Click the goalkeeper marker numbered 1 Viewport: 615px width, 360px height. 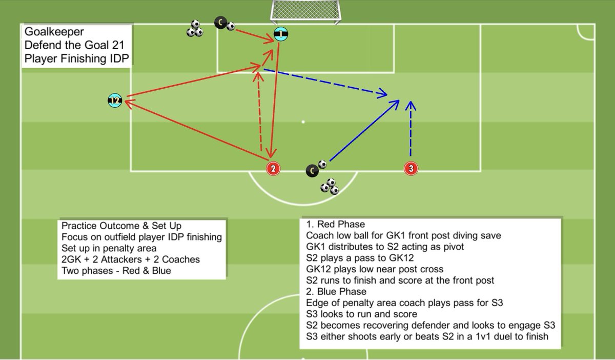pos(280,34)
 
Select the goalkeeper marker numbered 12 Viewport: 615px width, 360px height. pos(115,101)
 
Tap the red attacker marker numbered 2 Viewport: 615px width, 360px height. pos(273,168)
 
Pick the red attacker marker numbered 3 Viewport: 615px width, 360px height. pos(411,168)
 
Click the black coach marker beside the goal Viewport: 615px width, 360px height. pos(220,23)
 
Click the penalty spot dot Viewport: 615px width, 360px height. pos(303,122)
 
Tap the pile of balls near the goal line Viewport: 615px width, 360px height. pos(195,29)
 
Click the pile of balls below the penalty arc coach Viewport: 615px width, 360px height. pos(330,186)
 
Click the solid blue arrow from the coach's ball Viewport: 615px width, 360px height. pos(364,131)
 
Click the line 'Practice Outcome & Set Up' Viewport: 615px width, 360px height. pos(121,226)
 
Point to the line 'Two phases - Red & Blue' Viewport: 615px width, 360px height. pos(116,270)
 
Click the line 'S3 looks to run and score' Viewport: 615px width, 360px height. pos(361,314)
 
